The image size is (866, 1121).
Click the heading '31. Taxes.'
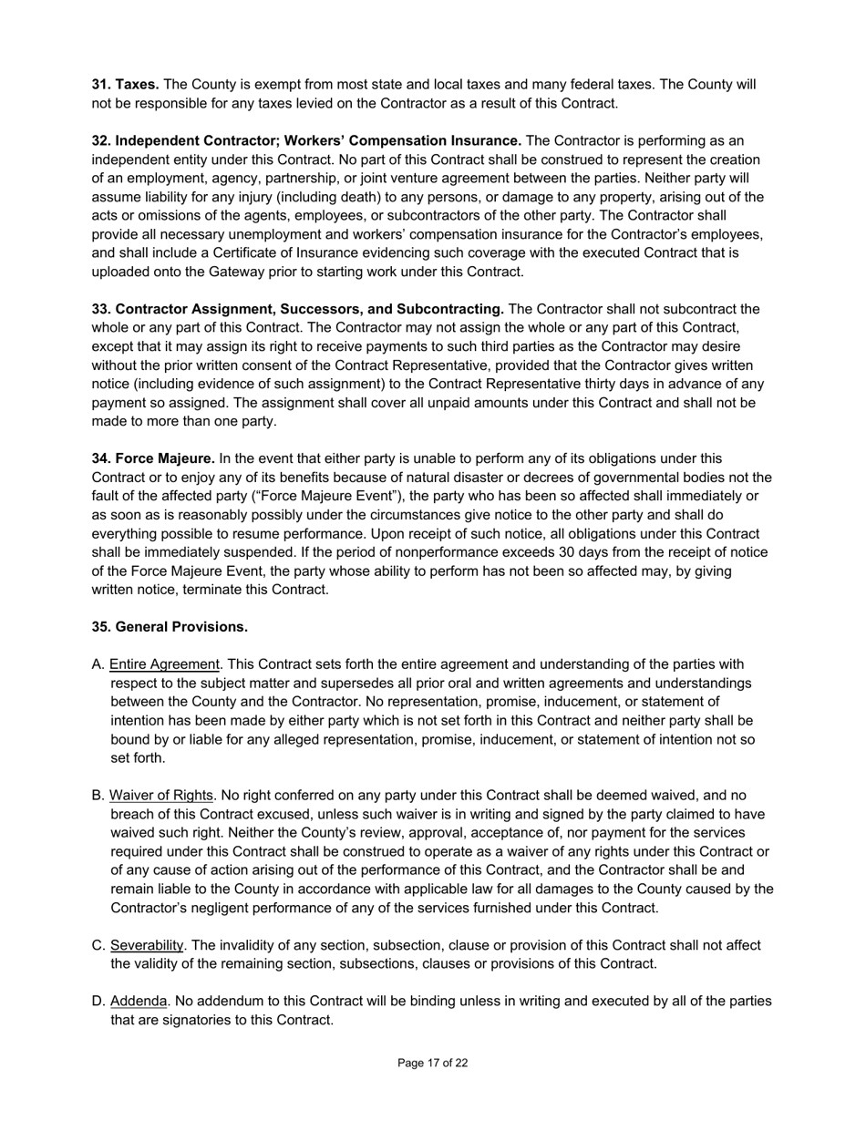pos(125,85)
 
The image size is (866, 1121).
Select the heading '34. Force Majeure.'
pos(153,458)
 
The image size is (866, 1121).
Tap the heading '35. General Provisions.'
pos(170,627)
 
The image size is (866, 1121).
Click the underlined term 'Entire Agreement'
pos(165,664)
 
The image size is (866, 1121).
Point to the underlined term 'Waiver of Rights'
pos(161,796)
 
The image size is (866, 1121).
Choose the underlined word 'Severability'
pos(147,945)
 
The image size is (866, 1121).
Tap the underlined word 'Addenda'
pos(139,1002)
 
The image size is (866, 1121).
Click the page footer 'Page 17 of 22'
pos(433,1063)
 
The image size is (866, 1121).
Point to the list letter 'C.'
pos(99,945)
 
